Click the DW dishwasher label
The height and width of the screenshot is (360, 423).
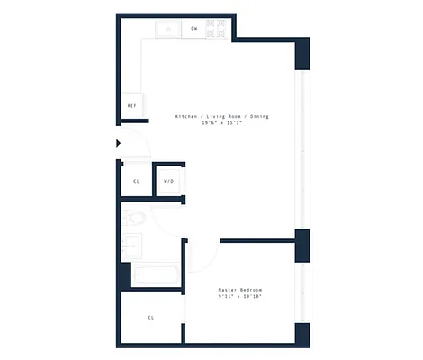coord(194,29)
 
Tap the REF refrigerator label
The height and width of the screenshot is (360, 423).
coord(131,105)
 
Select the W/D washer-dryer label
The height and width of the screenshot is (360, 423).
coord(168,181)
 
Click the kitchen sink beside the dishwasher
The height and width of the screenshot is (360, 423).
coord(168,29)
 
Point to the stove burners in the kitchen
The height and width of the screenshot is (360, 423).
coord(216,29)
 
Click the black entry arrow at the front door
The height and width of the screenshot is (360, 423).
coord(119,142)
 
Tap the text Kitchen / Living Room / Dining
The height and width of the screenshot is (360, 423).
coord(221,116)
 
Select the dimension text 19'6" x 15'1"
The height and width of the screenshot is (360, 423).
coord(221,123)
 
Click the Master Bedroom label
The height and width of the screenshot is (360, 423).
coord(240,289)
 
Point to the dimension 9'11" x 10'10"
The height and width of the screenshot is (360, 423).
coord(240,296)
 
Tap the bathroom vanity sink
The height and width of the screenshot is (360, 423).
coord(131,244)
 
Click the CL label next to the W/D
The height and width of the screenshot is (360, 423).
coord(136,181)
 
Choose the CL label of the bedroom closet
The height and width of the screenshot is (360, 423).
coord(150,317)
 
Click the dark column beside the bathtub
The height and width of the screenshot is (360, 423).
coord(124,274)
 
